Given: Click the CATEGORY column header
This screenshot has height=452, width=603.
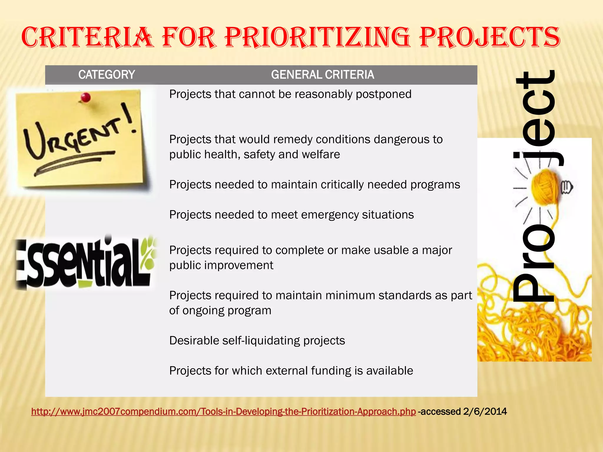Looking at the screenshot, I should coord(107,75).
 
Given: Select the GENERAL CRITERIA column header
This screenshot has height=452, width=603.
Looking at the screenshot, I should coord(322,75).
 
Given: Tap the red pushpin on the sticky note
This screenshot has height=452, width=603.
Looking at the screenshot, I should coord(85,97).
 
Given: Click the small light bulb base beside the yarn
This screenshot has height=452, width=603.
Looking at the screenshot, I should coord(567,187).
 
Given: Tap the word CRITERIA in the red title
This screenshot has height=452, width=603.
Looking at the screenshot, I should coord(87,37).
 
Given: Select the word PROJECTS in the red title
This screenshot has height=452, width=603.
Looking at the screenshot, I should coord(490,37).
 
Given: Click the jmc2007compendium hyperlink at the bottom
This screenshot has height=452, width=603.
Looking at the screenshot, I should coord(223,411).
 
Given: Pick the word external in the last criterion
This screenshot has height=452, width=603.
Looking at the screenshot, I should coord(285,371).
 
